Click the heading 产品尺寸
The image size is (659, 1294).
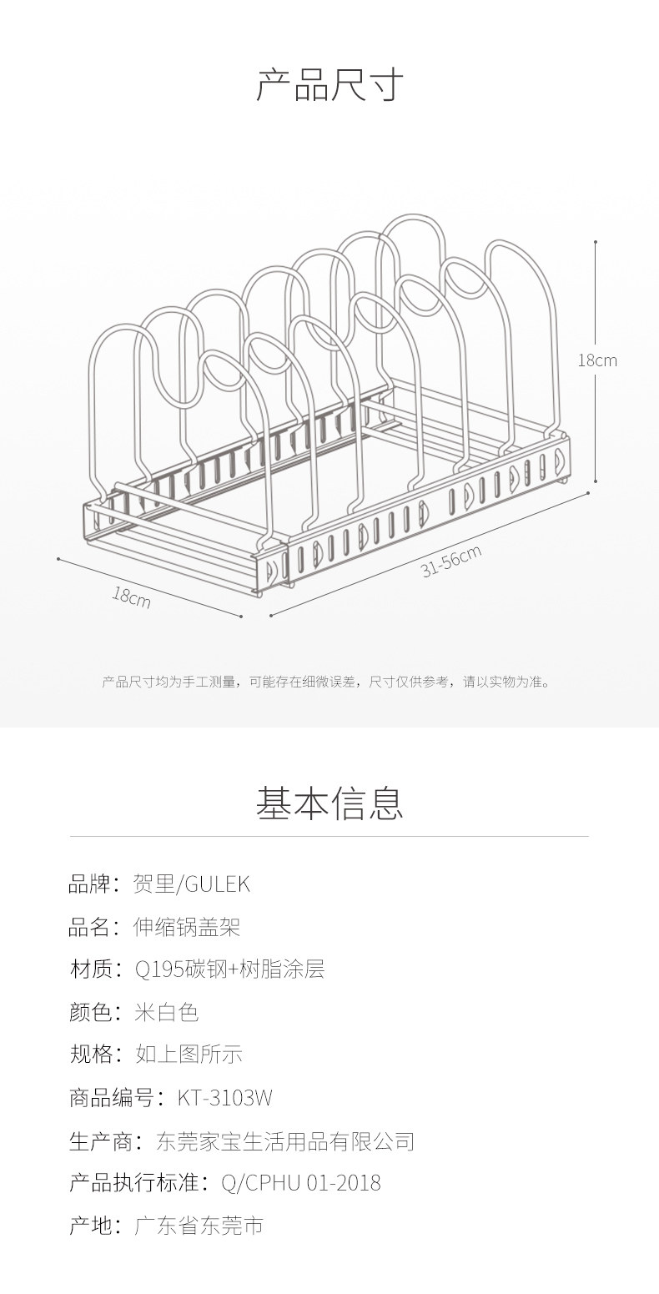pyautogui.click(x=329, y=85)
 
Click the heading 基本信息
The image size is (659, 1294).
pyautogui.click(x=329, y=803)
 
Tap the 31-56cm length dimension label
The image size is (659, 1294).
pyautogui.click(x=451, y=561)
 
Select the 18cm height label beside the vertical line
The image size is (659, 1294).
pyautogui.click(x=598, y=360)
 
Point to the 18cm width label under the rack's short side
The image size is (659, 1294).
pyautogui.click(x=132, y=597)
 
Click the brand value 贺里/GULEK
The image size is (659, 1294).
pyautogui.click(x=192, y=884)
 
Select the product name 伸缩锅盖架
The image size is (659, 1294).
pyautogui.click(x=187, y=927)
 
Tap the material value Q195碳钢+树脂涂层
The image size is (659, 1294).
pyautogui.click(x=229, y=969)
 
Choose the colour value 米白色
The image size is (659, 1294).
pyautogui.click(x=167, y=1012)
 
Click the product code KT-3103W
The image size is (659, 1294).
pyautogui.click(x=225, y=1098)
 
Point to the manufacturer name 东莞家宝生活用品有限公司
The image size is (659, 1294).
pyautogui.click(x=285, y=1140)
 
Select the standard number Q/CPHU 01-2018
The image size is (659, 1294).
pyautogui.click(x=301, y=1183)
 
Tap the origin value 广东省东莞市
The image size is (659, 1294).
pyautogui.click(x=199, y=1226)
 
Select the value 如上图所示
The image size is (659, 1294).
pyautogui.click(x=189, y=1055)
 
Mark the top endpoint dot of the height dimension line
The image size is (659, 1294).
pyautogui.click(x=596, y=242)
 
